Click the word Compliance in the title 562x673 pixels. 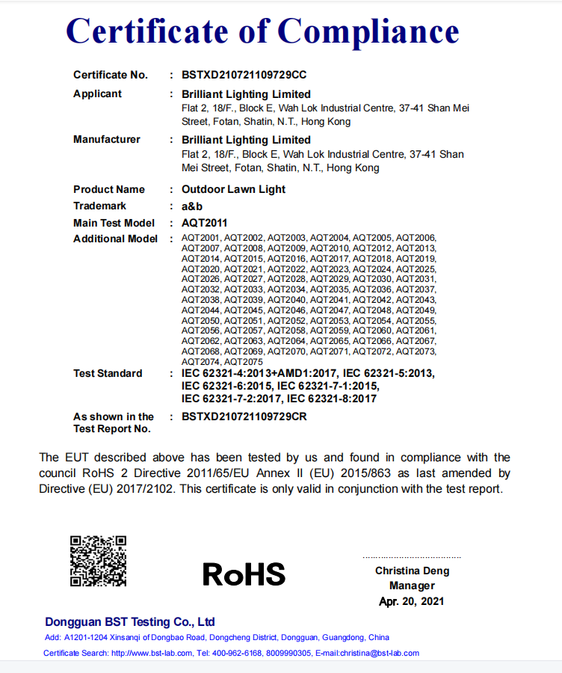pyautogui.click(x=368, y=31)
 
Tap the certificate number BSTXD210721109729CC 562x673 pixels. pyautogui.click(x=244, y=75)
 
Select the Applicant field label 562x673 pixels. pyautogui.click(x=97, y=94)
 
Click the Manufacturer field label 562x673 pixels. pyautogui.click(x=106, y=140)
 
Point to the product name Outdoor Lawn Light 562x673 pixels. pyautogui.click(x=233, y=189)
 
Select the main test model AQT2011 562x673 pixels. pyautogui.click(x=205, y=223)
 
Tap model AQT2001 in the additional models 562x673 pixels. pyautogui.click(x=201, y=239)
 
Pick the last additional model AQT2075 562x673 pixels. pyautogui.click(x=244, y=361)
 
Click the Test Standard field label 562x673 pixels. pyautogui.click(x=108, y=373)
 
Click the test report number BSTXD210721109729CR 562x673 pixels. pyautogui.click(x=244, y=417)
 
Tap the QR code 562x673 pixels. pyautogui.click(x=98, y=561)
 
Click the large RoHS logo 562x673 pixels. pyautogui.click(x=244, y=574)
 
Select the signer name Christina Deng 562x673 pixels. pyautogui.click(x=412, y=571)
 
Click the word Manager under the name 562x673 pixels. pyautogui.click(x=412, y=586)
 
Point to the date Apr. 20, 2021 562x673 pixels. pyautogui.click(x=412, y=601)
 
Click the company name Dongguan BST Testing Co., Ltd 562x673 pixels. pyautogui.click(x=130, y=622)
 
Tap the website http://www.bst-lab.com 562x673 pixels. pyautogui.click(x=152, y=653)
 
